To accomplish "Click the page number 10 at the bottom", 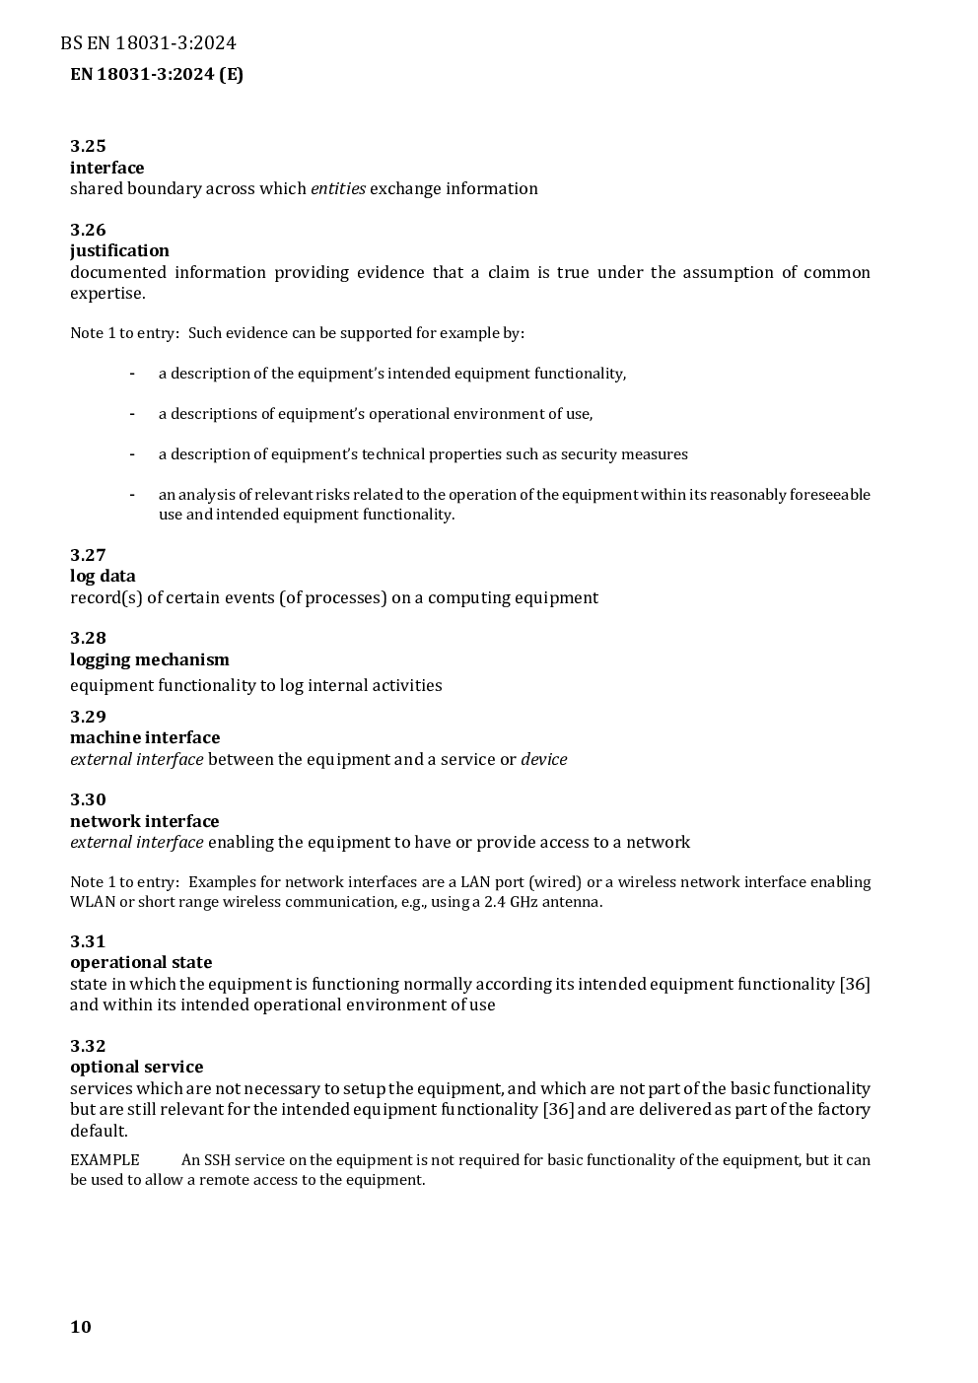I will pos(81,1327).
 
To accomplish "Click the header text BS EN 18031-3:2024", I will pos(148,42).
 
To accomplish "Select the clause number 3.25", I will pos(88,146).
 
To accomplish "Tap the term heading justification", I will pos(119,250).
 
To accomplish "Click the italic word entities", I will pos(338,188).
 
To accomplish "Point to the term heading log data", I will pos(103,576).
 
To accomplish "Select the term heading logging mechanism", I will pos(149,659).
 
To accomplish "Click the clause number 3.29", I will pos(88,717).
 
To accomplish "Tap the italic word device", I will pos(544,759).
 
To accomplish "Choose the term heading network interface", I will pos(144,821).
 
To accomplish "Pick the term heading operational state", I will pos(141,962).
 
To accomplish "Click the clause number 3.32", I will pos(88,1046).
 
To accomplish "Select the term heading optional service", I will pos(136,1067).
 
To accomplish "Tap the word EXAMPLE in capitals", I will pos(105,1160).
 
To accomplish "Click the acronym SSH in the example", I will pos(217,1160).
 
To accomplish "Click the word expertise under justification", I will pos(106,294).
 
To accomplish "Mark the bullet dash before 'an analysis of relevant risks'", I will pos(131,494).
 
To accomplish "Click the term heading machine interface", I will pos(145,737).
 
